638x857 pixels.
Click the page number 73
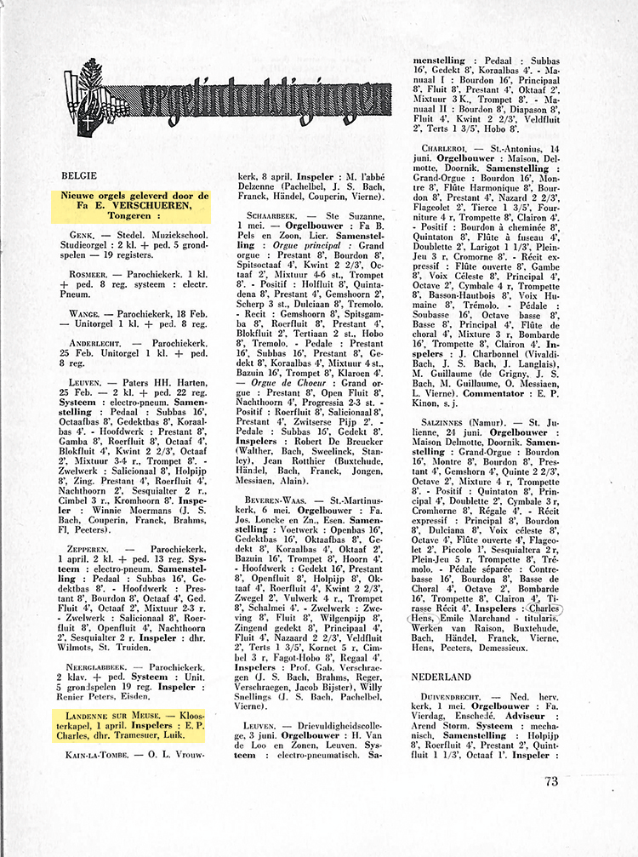tap(550, 781)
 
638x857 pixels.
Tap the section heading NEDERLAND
tap(441, 677)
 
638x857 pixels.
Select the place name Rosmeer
tap(90, 275)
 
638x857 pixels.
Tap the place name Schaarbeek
tap(271, 215)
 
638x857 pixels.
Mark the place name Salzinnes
tap(443, 422)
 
